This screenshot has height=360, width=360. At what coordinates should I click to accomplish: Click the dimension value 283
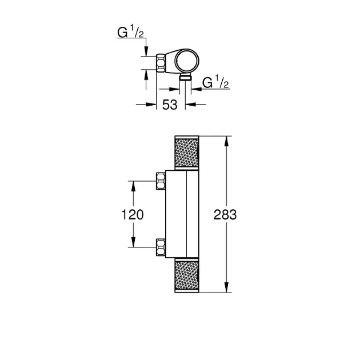point(225,215)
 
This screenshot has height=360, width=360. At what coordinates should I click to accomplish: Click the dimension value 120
point(132,215)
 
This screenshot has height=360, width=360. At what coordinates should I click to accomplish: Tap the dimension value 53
point(170,105)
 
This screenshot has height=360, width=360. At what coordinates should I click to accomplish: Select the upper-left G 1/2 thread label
point(130,31)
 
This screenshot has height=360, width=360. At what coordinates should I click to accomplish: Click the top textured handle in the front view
point(187,153)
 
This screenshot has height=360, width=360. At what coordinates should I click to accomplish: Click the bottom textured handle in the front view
point(187,275)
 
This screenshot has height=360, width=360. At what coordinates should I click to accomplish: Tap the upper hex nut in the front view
point(161,181)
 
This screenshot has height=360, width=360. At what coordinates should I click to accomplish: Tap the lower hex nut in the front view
point(161,247)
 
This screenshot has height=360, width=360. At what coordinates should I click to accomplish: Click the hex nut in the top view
point(161,63)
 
